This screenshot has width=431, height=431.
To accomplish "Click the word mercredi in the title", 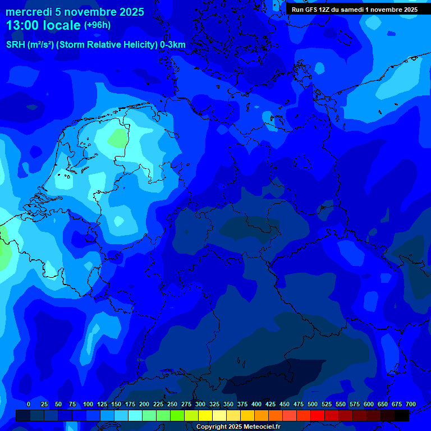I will pyautogui.click(x=27, y=12).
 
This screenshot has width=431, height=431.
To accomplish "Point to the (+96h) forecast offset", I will pyautogui.click(x=97, y=25).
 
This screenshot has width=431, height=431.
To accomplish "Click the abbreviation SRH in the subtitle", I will pyautogui.click(x=16, y=45).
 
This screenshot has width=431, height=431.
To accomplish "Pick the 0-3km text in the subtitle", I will pyautogui.click(x=173, y=45).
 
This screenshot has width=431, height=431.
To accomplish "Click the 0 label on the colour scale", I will pyautogui.click(x=29, y=404).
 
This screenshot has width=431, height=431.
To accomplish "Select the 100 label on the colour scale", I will pyautogui.click(x=88, y=404).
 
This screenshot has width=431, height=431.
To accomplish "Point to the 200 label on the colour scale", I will pyautogui.click(x=144, y=404).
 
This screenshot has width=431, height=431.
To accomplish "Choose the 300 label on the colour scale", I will pyautogui.click(x=200, y=404).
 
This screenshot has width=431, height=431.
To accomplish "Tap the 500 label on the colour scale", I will pyautogui.click(x=313, y=404).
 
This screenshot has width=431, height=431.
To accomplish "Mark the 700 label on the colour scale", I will pyautogui.click(x=411, y=404).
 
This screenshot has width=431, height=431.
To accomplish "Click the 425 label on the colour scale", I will pyautogui.click(x=270, y=404).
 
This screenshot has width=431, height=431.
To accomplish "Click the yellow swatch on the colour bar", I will pyautogui.click(x=205, y=415).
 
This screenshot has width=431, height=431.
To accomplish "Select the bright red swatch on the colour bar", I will pyautogui.click(x=318, y=415).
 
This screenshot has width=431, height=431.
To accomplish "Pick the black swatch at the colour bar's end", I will pyautogui.click(x=402, y=415).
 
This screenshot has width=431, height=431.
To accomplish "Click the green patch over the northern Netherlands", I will pyautogui.click(x=117, y=137).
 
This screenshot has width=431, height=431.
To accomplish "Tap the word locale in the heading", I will pyautogui.click(x=61, y=25).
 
